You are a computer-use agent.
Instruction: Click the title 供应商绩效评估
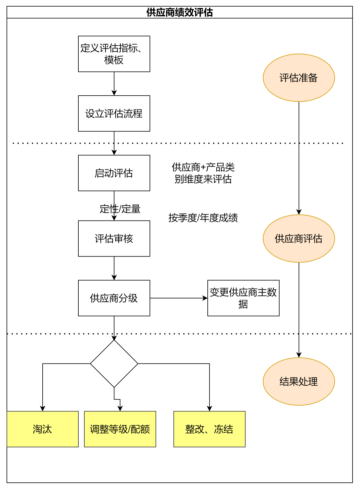[x=179, y=12]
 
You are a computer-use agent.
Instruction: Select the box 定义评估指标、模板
[x=114, y=54]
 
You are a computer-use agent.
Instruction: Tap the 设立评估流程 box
[x=114, y=114]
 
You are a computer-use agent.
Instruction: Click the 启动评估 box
[x=114, y=173]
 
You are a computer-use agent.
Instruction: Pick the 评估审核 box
[x=114, y=239]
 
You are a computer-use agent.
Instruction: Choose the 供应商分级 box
[x=114, y=298]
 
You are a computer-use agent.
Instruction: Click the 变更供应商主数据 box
[x=243, y=298]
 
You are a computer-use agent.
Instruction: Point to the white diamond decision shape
[x=114, y=363]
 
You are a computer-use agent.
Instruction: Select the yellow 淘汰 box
[x=42, y=429]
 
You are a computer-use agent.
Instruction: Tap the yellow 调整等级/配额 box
[x=120, y=429]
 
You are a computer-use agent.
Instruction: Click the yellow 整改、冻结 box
[x=209, y=429]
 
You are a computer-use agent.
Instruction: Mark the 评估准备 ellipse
[x=299, y=78]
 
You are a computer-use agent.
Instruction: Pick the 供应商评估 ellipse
[x=299, y=239]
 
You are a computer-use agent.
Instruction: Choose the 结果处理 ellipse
[x=299, y=381]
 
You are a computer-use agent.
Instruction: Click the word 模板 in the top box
[x=114, y=60]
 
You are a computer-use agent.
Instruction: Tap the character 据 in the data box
[x=243, y=304]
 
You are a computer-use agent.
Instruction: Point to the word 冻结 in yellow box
[x=223, y=429]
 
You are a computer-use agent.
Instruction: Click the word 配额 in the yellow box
[x=140, y=429]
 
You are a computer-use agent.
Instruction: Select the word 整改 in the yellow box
[x=195, y=429]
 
